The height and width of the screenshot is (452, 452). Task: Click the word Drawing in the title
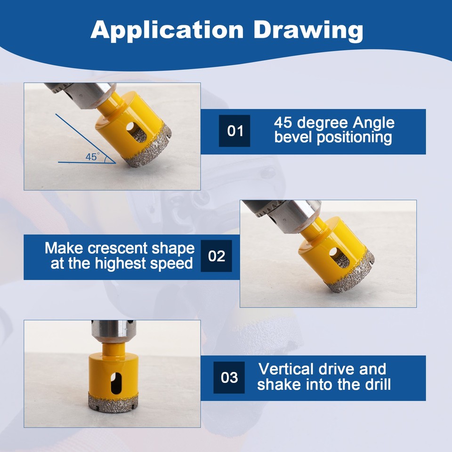[308, 30]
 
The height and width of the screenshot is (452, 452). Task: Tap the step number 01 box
[234, 130]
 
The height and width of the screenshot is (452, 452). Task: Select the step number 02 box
[217, 256]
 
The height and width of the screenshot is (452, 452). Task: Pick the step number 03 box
[229, 378]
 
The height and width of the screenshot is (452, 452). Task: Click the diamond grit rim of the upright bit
[112, 400]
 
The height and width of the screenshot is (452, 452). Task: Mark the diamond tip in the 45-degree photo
[141, 155]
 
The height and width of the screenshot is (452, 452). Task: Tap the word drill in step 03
[374, 385]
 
